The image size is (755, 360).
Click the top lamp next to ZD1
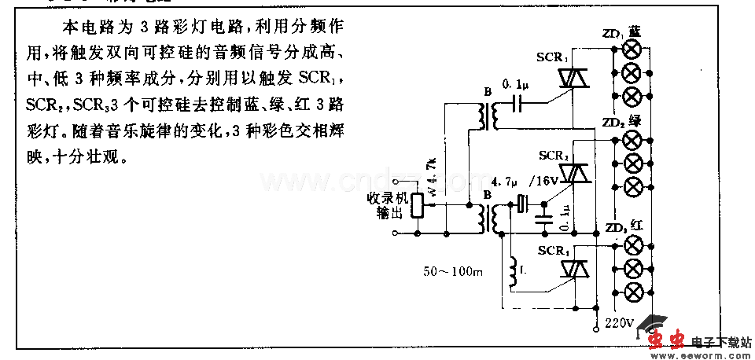tap(631, 49)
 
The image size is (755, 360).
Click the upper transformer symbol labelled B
tap(486, 118)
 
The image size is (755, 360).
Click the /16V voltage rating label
tap(544, 182)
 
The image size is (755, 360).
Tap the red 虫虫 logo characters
tap(668, 339)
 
